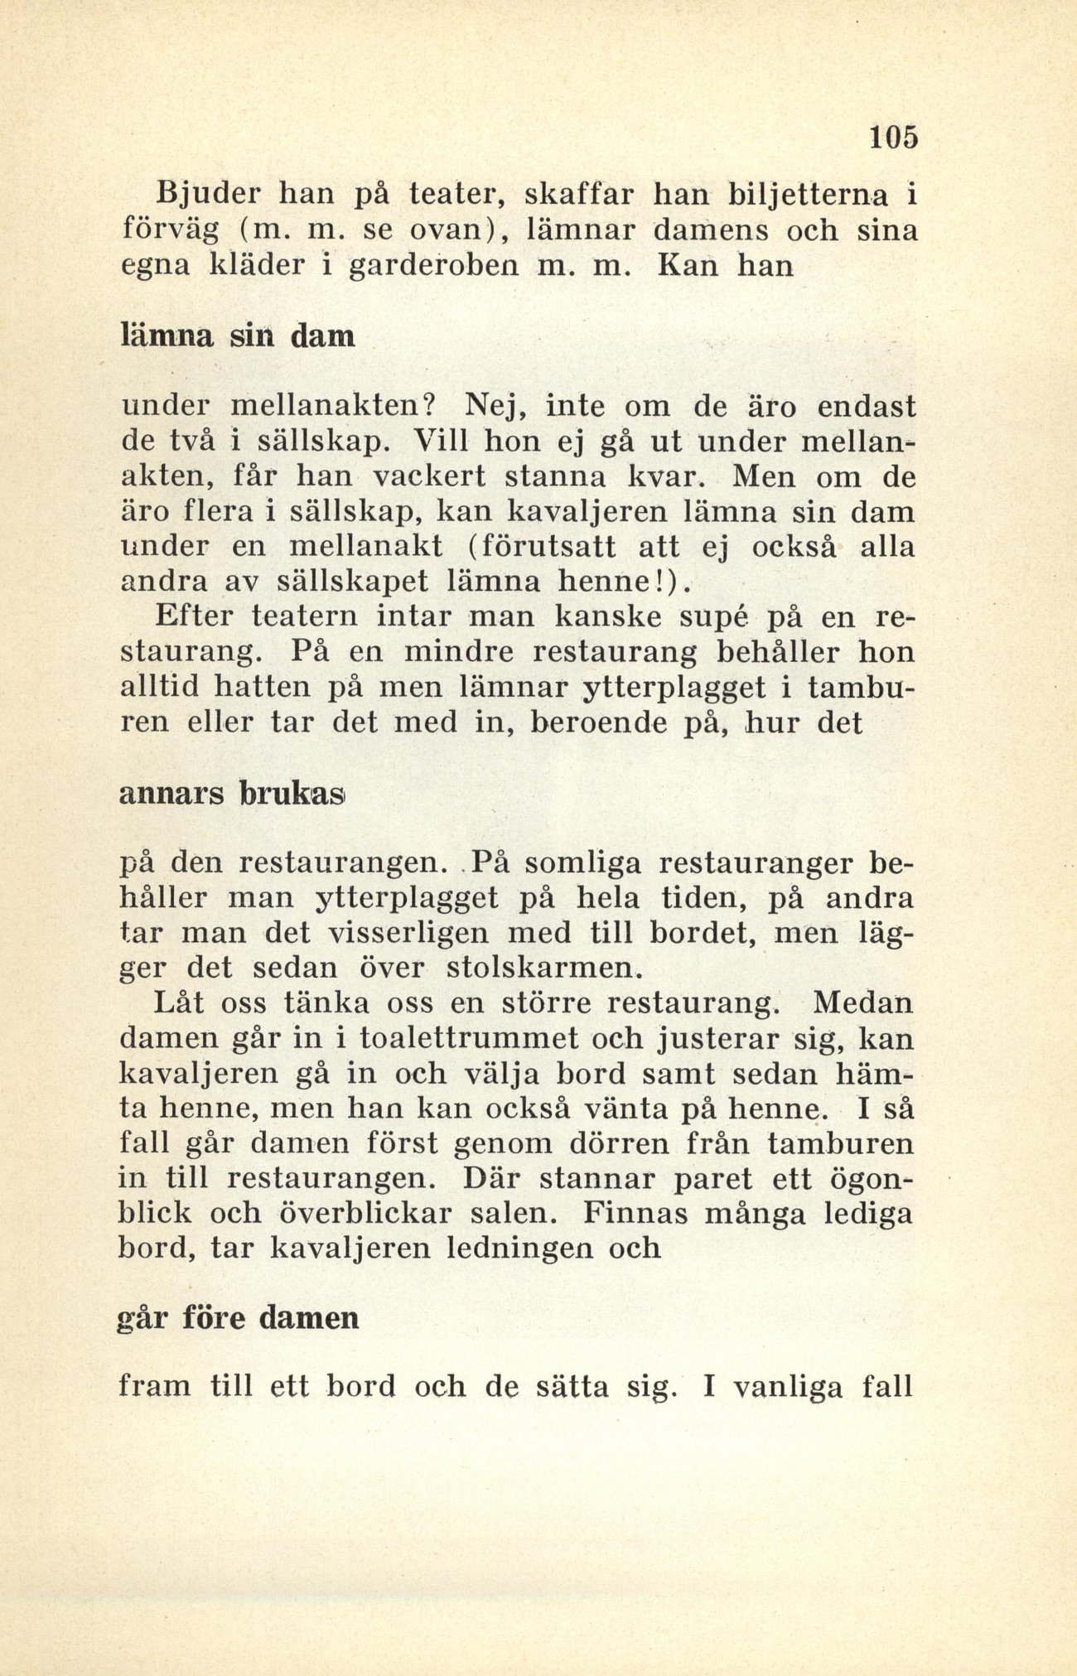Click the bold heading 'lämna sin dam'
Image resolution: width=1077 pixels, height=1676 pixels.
coord(239,336)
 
